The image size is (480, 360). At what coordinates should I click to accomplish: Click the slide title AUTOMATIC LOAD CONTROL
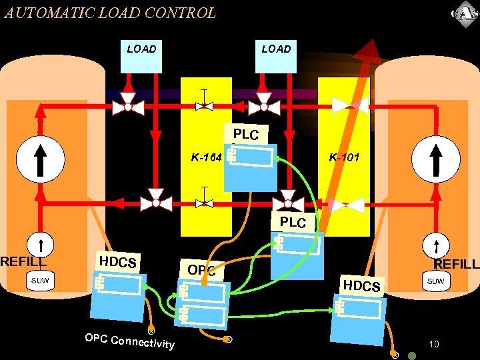[x=110, y=13]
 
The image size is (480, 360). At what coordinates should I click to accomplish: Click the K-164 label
[x=206, y=158]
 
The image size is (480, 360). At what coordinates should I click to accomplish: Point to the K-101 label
[x=344, y=158]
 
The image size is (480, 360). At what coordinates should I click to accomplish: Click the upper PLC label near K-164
[x=249, y=134]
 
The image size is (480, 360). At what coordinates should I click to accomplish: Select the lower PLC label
[x=293, y=222]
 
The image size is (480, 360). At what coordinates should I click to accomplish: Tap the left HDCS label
[x=117, y=262]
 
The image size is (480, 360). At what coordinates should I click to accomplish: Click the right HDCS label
[x=361, y=286]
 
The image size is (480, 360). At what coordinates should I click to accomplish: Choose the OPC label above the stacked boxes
[x=201, y=270]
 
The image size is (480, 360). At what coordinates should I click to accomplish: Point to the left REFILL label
[x=23, y=262]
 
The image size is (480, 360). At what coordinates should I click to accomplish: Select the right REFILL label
[x=457, y=265]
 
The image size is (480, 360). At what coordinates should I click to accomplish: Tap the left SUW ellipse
[x=40, y=281]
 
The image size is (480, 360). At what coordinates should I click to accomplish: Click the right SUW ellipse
[x=435, y=281]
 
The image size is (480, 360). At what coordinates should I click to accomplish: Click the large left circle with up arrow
[x=40, y=158]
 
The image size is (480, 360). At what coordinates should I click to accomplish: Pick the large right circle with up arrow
[x=437, y=158]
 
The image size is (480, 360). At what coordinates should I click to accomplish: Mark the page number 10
[x=434, y=344]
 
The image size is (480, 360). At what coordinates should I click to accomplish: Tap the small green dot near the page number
[x=412, y=355]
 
